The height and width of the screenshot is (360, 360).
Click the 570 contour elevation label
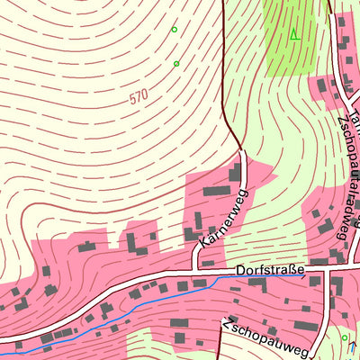pyautogui.click(x=138, y=97)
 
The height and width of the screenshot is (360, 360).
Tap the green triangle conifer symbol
pyautogui.click(x=293, y=34)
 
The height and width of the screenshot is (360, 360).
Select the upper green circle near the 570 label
pyautogui.click(x=175, y=29)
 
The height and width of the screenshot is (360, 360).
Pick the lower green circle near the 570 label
pyautogui.click(x=176, y=63)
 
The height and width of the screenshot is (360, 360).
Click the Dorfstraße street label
pyautogui.click(x=270, y=269)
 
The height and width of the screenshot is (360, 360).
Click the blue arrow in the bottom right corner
pyautogui.click(x=352, y=346)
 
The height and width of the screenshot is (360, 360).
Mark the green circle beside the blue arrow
pyautogui.click(x=344, y=337)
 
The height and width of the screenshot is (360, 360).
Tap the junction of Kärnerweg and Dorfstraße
pyautogui.click(x=197, y=269)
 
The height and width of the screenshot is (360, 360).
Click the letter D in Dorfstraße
pyautogui.click(x=240, y=269)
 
